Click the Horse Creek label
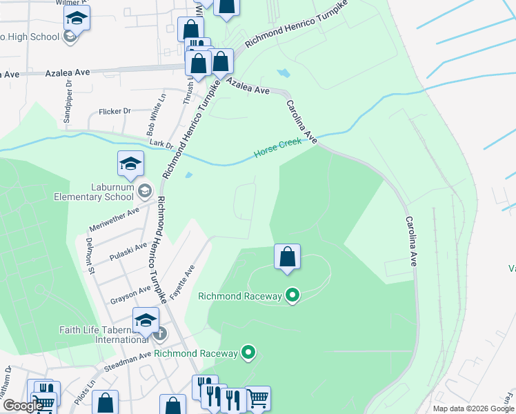277,148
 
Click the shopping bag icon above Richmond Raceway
287,257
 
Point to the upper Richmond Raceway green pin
292,296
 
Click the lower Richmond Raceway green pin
249,353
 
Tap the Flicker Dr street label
115,111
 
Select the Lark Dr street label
159,143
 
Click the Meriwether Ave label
115,218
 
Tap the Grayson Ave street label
130,295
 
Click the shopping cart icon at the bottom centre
257,398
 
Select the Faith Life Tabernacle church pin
159,335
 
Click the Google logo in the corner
23,406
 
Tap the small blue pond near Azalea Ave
284,72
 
